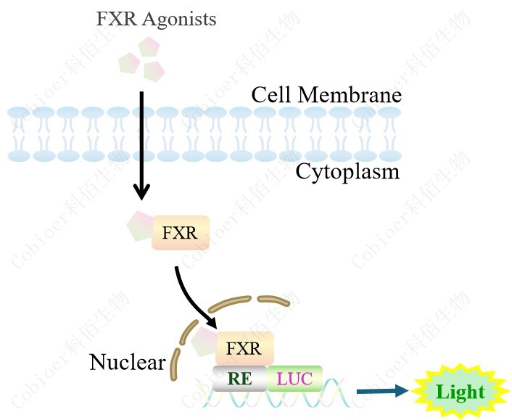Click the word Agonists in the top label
[179, 20]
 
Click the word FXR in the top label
[116, 20]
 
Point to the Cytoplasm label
[347, 172]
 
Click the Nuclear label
[127, 361]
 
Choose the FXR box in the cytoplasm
[180, 233]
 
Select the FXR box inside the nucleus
[244, 349]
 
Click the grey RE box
[239, 378]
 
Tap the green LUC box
[294, 378]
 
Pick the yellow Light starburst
[460, 392]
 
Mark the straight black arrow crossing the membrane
[141, 145]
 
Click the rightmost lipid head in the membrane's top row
[390, 114]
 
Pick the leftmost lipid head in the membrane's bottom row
[19, 155]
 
